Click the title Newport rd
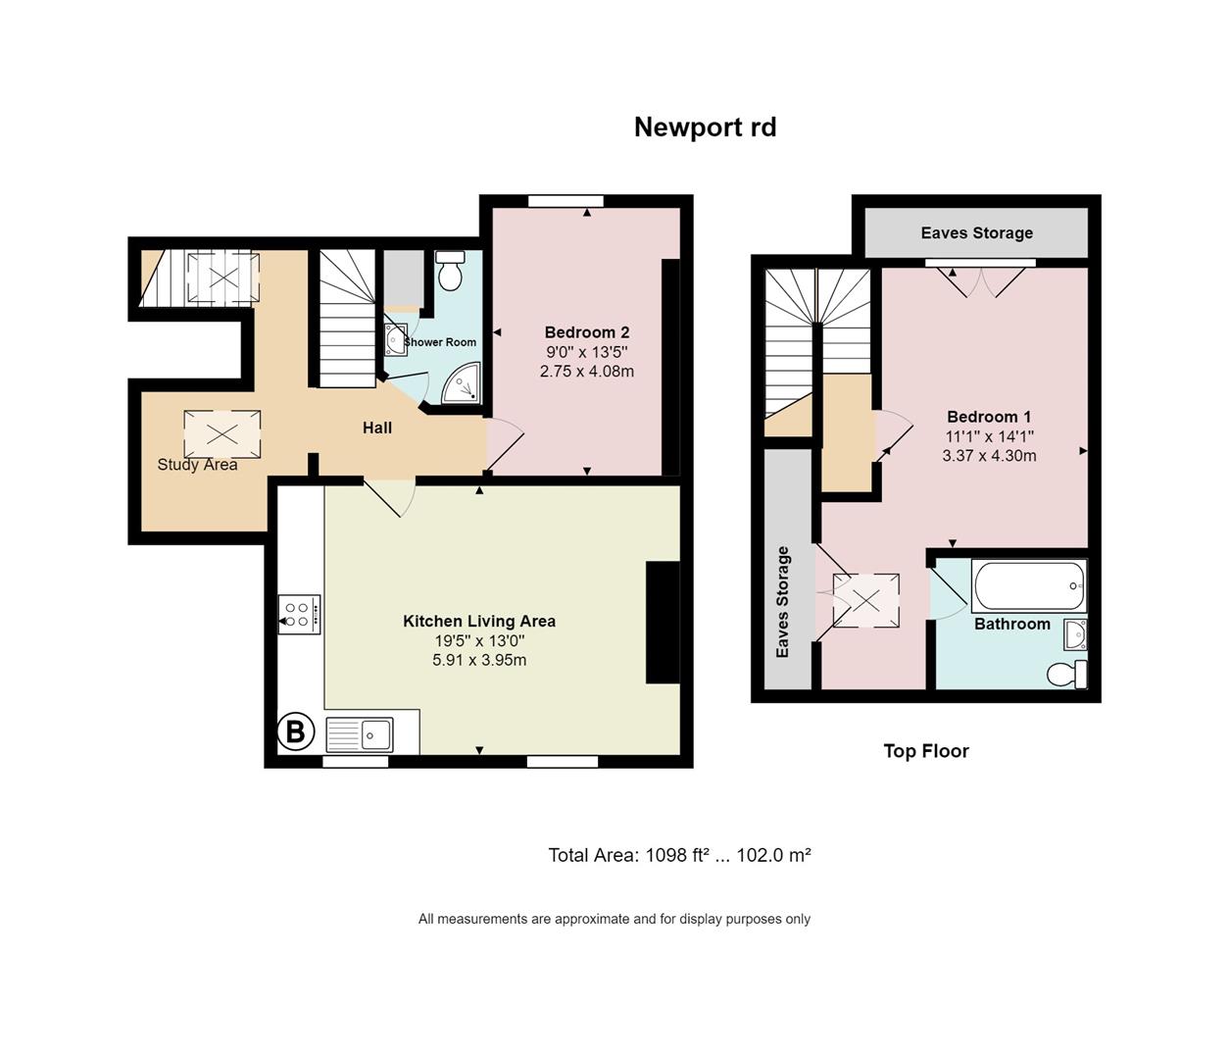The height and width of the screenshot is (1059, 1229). pos(706,127)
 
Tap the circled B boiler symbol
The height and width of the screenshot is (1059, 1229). pos(296,731)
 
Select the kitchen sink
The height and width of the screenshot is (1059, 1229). pos(359,735)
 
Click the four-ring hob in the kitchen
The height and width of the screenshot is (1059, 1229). pos(299,615)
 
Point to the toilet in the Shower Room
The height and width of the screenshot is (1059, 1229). pos(450,271)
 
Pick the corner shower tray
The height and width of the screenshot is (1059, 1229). pos(461,382)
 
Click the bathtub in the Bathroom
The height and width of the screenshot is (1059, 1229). pos(1029,585)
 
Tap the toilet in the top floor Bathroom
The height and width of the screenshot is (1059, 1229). pos(1066,675)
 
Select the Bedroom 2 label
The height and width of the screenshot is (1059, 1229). pos(587,332)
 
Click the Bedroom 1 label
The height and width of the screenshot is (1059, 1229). pos(989,417)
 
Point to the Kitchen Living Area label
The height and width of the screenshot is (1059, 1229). pos(479,621)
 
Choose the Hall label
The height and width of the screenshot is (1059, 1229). pos(377,428)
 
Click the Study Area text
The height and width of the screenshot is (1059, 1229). pos(197,465)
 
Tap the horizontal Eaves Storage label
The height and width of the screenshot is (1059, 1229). pos(977,232)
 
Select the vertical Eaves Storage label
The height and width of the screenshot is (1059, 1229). pos(782,602)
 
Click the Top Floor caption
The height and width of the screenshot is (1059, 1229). pos(926,751)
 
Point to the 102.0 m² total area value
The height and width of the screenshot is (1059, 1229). pos(773,855)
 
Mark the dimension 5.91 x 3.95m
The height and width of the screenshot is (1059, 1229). pos(479,660)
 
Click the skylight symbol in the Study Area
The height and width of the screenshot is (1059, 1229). pos(221,433)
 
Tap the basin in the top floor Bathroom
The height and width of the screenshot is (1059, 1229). pos(1076,634)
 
